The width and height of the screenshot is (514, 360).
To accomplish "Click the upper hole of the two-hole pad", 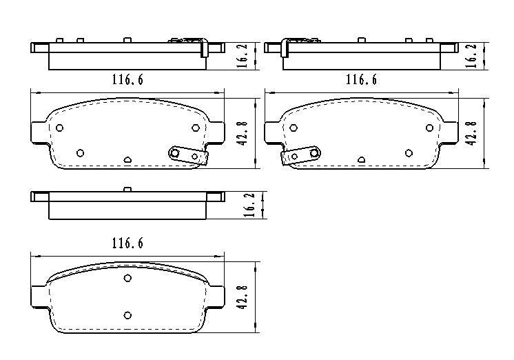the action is tap(127, 278).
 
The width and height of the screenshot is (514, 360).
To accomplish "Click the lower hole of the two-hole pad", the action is tap(127, 315).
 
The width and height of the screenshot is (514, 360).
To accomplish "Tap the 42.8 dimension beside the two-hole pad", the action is tap(243, 298).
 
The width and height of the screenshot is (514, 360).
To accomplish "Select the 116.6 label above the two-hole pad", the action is tap(127, 243).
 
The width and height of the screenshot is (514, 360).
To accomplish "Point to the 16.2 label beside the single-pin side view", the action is tap(250, 205).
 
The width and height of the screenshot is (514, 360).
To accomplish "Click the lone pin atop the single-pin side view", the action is tap(127, 190).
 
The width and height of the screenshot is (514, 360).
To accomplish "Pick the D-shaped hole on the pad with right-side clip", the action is tap(127, 160).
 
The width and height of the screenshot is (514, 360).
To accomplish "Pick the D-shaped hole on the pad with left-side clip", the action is tap(361, 160).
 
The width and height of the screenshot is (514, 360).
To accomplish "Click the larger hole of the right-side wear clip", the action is tap(175, 152).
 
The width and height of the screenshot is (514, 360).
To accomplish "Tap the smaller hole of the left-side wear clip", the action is tap(294, 157).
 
